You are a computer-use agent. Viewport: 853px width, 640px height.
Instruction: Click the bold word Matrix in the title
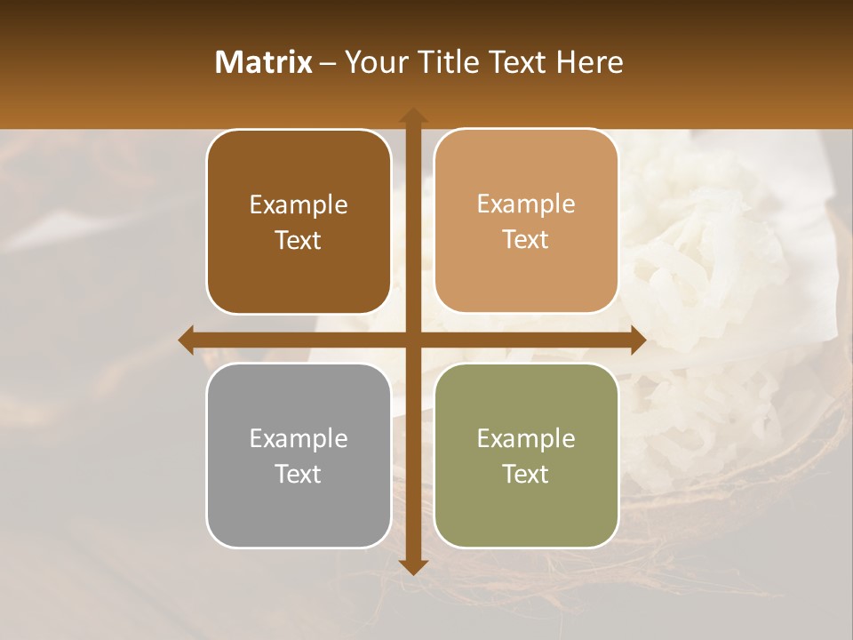pyautogui.click(x=264, y=62)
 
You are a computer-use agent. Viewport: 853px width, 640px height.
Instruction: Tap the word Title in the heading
pyautogui.click(x=448, y=62)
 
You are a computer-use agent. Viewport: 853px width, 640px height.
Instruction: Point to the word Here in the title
pyautogui.click(x=590, y=62)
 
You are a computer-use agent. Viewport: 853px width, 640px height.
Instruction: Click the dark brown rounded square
pyautogui.click(x=299, y=222)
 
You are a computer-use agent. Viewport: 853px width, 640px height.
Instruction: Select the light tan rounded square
pyautogui.click(x=526, y=221)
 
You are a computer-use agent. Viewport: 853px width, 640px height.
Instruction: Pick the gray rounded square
pyautogui.click(x=299, y=456)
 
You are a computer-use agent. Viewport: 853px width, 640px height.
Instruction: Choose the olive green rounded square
pyautogui.click(x=526, y=456)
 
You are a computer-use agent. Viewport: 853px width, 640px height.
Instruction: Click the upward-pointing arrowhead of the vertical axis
pyautogui.click(x=412, y=116)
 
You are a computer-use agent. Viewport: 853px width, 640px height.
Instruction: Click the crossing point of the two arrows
pyautogui.click(x=412, y=340)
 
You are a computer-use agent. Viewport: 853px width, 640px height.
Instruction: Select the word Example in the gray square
pyautogui.click(x=299, y=439)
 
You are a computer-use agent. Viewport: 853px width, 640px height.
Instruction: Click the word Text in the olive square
pyautogui.click(x=526, y=475)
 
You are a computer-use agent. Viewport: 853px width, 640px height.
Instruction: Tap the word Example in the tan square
pyautogui.click(x=526, y=204)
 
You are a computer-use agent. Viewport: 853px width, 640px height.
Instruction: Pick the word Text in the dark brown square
pyautogui.click(x=299, y=241)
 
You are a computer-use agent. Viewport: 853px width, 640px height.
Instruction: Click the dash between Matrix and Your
pyautogui.click(x=328, y=63)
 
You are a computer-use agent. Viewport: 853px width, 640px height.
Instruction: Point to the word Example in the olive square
pyautogui.click(x=526, y=439)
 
